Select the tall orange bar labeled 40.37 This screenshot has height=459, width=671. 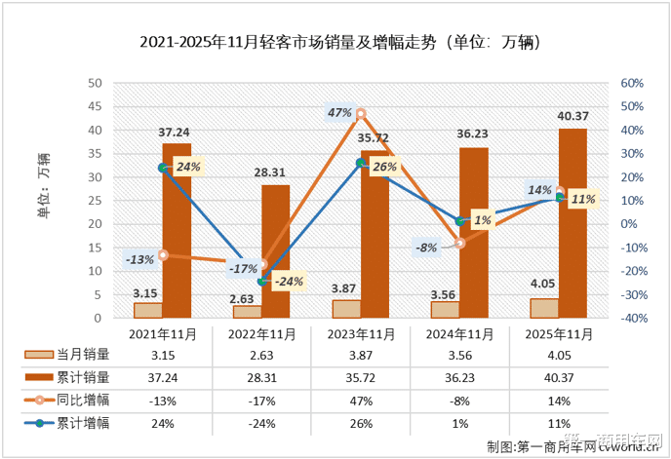(573, 223)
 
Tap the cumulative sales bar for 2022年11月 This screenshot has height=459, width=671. (276, 251)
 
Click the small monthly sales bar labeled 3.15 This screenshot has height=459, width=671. (148, 310)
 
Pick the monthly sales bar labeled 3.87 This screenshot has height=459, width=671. (346, 308)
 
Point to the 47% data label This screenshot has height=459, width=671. (338, 113)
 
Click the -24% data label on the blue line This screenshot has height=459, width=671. (290, 283)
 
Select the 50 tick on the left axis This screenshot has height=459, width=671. (96, 84)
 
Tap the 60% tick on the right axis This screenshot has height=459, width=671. (632, 84)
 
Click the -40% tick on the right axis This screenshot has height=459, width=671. (631, 319)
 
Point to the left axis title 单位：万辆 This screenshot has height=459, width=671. (43, 180)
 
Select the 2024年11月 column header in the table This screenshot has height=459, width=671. (459, 333)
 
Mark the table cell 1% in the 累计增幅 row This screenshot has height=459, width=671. (459, 422)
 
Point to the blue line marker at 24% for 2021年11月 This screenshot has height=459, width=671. (163, 168)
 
